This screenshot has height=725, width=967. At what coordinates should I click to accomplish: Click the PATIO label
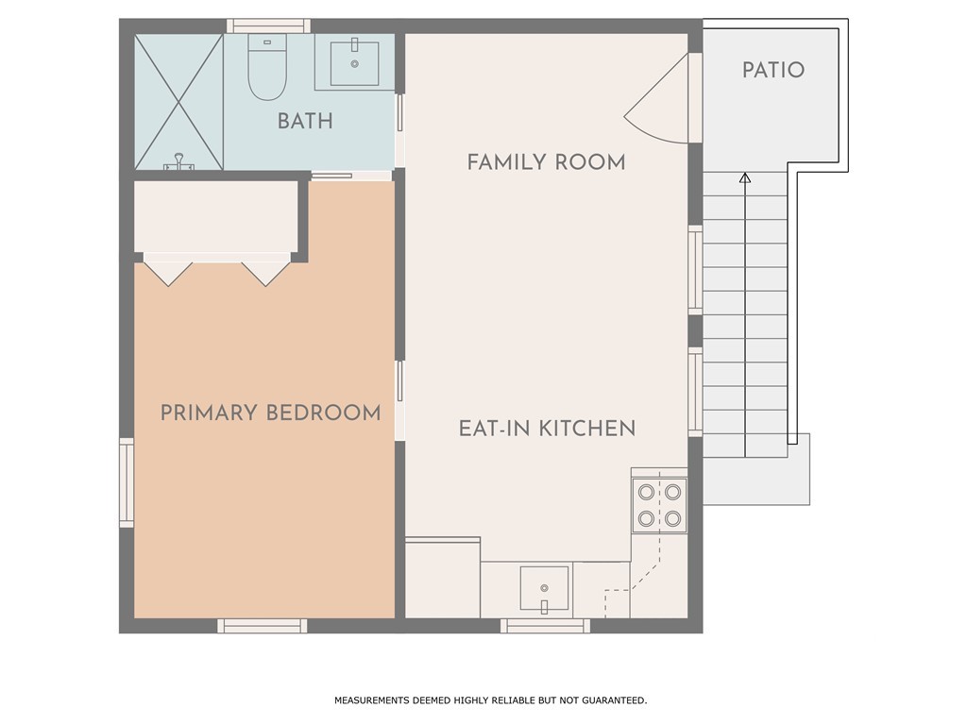773,70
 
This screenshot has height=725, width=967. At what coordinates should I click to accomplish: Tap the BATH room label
305,121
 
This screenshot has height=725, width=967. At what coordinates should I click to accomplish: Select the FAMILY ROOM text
547,162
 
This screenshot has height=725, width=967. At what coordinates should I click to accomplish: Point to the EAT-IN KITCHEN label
547,429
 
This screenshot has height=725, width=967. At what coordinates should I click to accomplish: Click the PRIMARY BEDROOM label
271,413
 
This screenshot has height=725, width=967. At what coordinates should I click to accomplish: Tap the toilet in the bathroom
267,67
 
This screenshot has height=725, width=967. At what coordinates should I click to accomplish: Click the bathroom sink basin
355,63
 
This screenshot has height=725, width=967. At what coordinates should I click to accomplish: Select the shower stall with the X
178,102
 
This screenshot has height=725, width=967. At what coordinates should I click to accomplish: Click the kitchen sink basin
544,588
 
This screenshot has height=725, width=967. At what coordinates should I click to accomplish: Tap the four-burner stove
659,505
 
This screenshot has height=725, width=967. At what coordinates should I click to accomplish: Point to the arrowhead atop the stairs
745,178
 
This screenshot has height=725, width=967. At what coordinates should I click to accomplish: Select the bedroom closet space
216,216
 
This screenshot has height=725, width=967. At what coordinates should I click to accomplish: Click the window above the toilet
268,25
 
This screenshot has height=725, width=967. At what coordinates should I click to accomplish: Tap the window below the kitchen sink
545,626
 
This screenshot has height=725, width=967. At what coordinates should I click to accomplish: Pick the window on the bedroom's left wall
127,482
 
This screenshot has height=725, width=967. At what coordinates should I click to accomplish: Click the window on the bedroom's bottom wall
263,626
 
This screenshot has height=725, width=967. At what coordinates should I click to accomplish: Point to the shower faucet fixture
178,162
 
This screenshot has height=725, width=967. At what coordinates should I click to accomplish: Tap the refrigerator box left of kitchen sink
443,578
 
